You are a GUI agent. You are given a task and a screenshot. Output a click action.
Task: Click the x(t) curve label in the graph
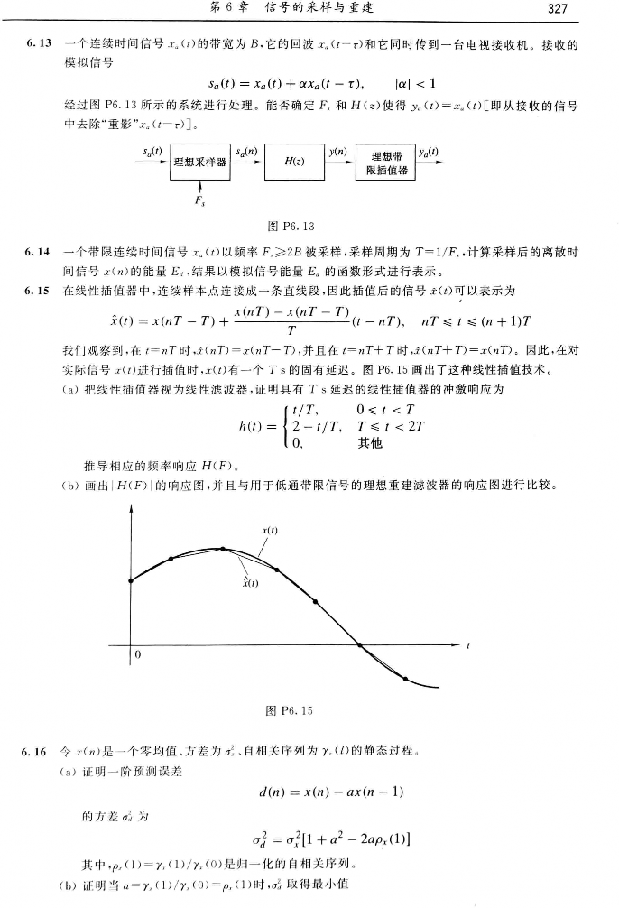pos(268,530)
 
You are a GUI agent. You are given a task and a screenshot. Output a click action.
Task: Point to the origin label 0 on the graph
pos(140,653)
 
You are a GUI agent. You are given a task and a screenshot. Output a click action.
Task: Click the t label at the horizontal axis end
pos(469,644)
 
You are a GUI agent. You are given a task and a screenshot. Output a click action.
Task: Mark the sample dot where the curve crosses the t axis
pos(360,644)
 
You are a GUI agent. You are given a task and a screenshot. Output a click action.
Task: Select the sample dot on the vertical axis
pos(133,579)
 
